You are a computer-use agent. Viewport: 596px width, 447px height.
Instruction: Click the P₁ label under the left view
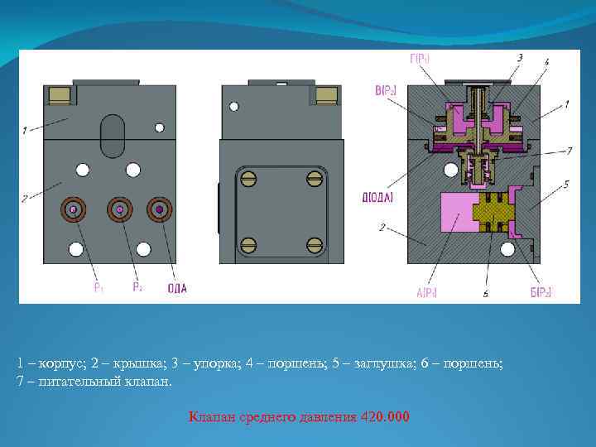pos(99,288)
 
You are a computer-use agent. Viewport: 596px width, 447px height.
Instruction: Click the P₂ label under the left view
pos(137,288)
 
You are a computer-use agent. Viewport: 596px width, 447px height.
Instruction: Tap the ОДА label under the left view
pos(176,288)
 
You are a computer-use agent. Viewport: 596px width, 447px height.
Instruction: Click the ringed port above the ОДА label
pos(159,210)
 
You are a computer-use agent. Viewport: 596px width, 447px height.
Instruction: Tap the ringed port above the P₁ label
pos(74,210)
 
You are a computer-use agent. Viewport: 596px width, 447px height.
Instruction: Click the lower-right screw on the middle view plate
pos(314,244)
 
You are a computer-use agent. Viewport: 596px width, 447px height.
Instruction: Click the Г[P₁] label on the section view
pos(420,58)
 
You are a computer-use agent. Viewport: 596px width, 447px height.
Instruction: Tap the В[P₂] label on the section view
pos(386,90)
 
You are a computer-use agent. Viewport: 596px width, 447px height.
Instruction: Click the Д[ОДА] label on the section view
pos(377,197)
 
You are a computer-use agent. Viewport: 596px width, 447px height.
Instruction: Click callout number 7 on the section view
pos(568,150)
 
